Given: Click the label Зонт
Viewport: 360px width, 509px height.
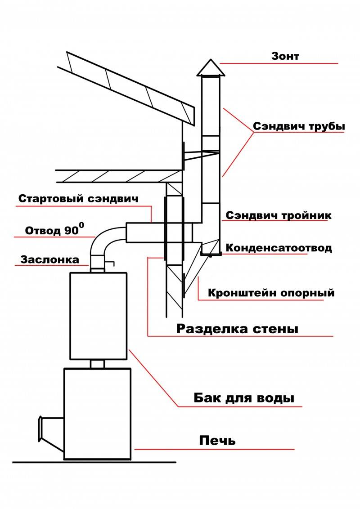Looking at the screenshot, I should coord(285,56).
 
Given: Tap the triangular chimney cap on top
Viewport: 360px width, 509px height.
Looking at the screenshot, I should coord(210,68).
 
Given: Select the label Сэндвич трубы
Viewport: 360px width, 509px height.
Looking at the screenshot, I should coord(299,126).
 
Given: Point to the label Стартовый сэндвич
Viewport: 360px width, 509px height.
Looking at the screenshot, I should coord(78,198).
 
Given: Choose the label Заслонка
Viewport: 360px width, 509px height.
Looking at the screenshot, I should coord(49,259).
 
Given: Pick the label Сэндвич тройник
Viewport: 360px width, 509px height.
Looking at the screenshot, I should coord(279,215).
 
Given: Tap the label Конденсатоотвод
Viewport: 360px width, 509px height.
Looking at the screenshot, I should coord(279,248).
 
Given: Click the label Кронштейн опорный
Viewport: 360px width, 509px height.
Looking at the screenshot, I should coord(271,293).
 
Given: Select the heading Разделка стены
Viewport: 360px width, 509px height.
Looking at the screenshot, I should coord(237,328).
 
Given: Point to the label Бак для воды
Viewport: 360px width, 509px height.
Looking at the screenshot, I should coord(244,398).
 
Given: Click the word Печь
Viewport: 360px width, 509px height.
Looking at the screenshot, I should coord(217,440).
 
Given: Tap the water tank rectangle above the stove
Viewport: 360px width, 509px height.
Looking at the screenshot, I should coord(98,315).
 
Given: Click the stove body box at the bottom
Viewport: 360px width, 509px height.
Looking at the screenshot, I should coord(97,414).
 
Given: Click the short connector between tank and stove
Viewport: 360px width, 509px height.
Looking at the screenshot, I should coord(98,364).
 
